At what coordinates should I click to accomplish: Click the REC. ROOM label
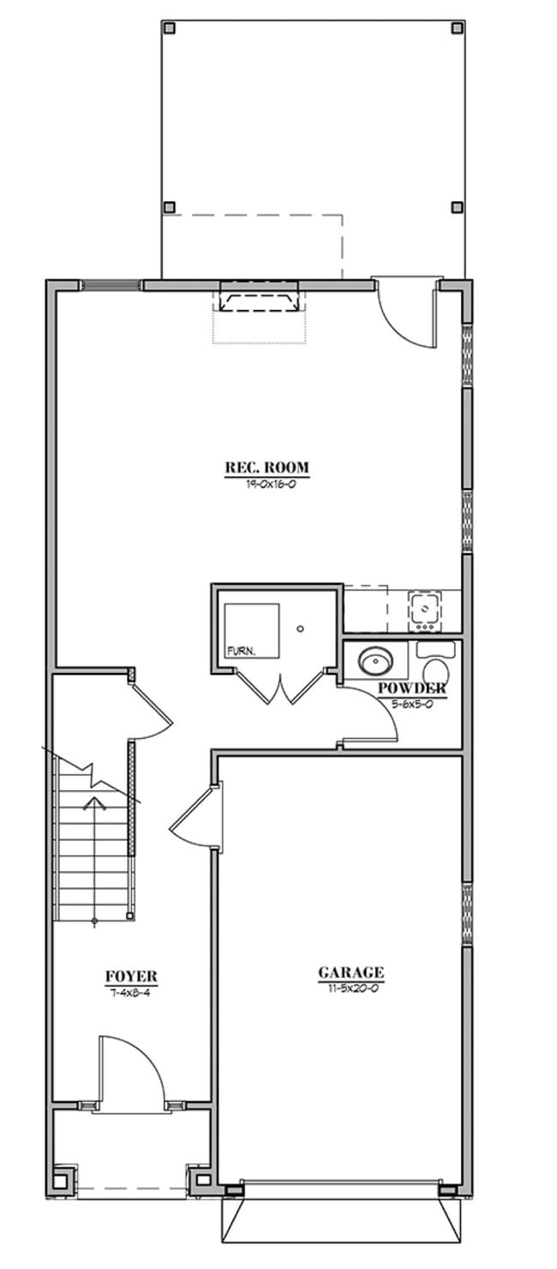point(267,468)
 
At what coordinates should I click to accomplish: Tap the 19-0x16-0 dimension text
point(267,483)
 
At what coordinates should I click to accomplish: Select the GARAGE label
point(351,973)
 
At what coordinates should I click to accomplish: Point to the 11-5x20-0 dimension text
point(351,988)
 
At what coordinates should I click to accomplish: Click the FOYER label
point(131,976)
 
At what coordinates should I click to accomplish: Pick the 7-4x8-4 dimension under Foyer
point(131,992)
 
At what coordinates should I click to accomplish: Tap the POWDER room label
point(411,688)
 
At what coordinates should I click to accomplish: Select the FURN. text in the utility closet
point(241,652)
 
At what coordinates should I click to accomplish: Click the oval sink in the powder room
point(375,660)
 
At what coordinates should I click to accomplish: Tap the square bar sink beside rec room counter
point(424,609)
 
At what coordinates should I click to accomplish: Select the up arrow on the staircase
point(93,803)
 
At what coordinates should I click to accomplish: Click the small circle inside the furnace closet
point(300,629)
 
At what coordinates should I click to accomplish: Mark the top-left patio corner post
point(169,27)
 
